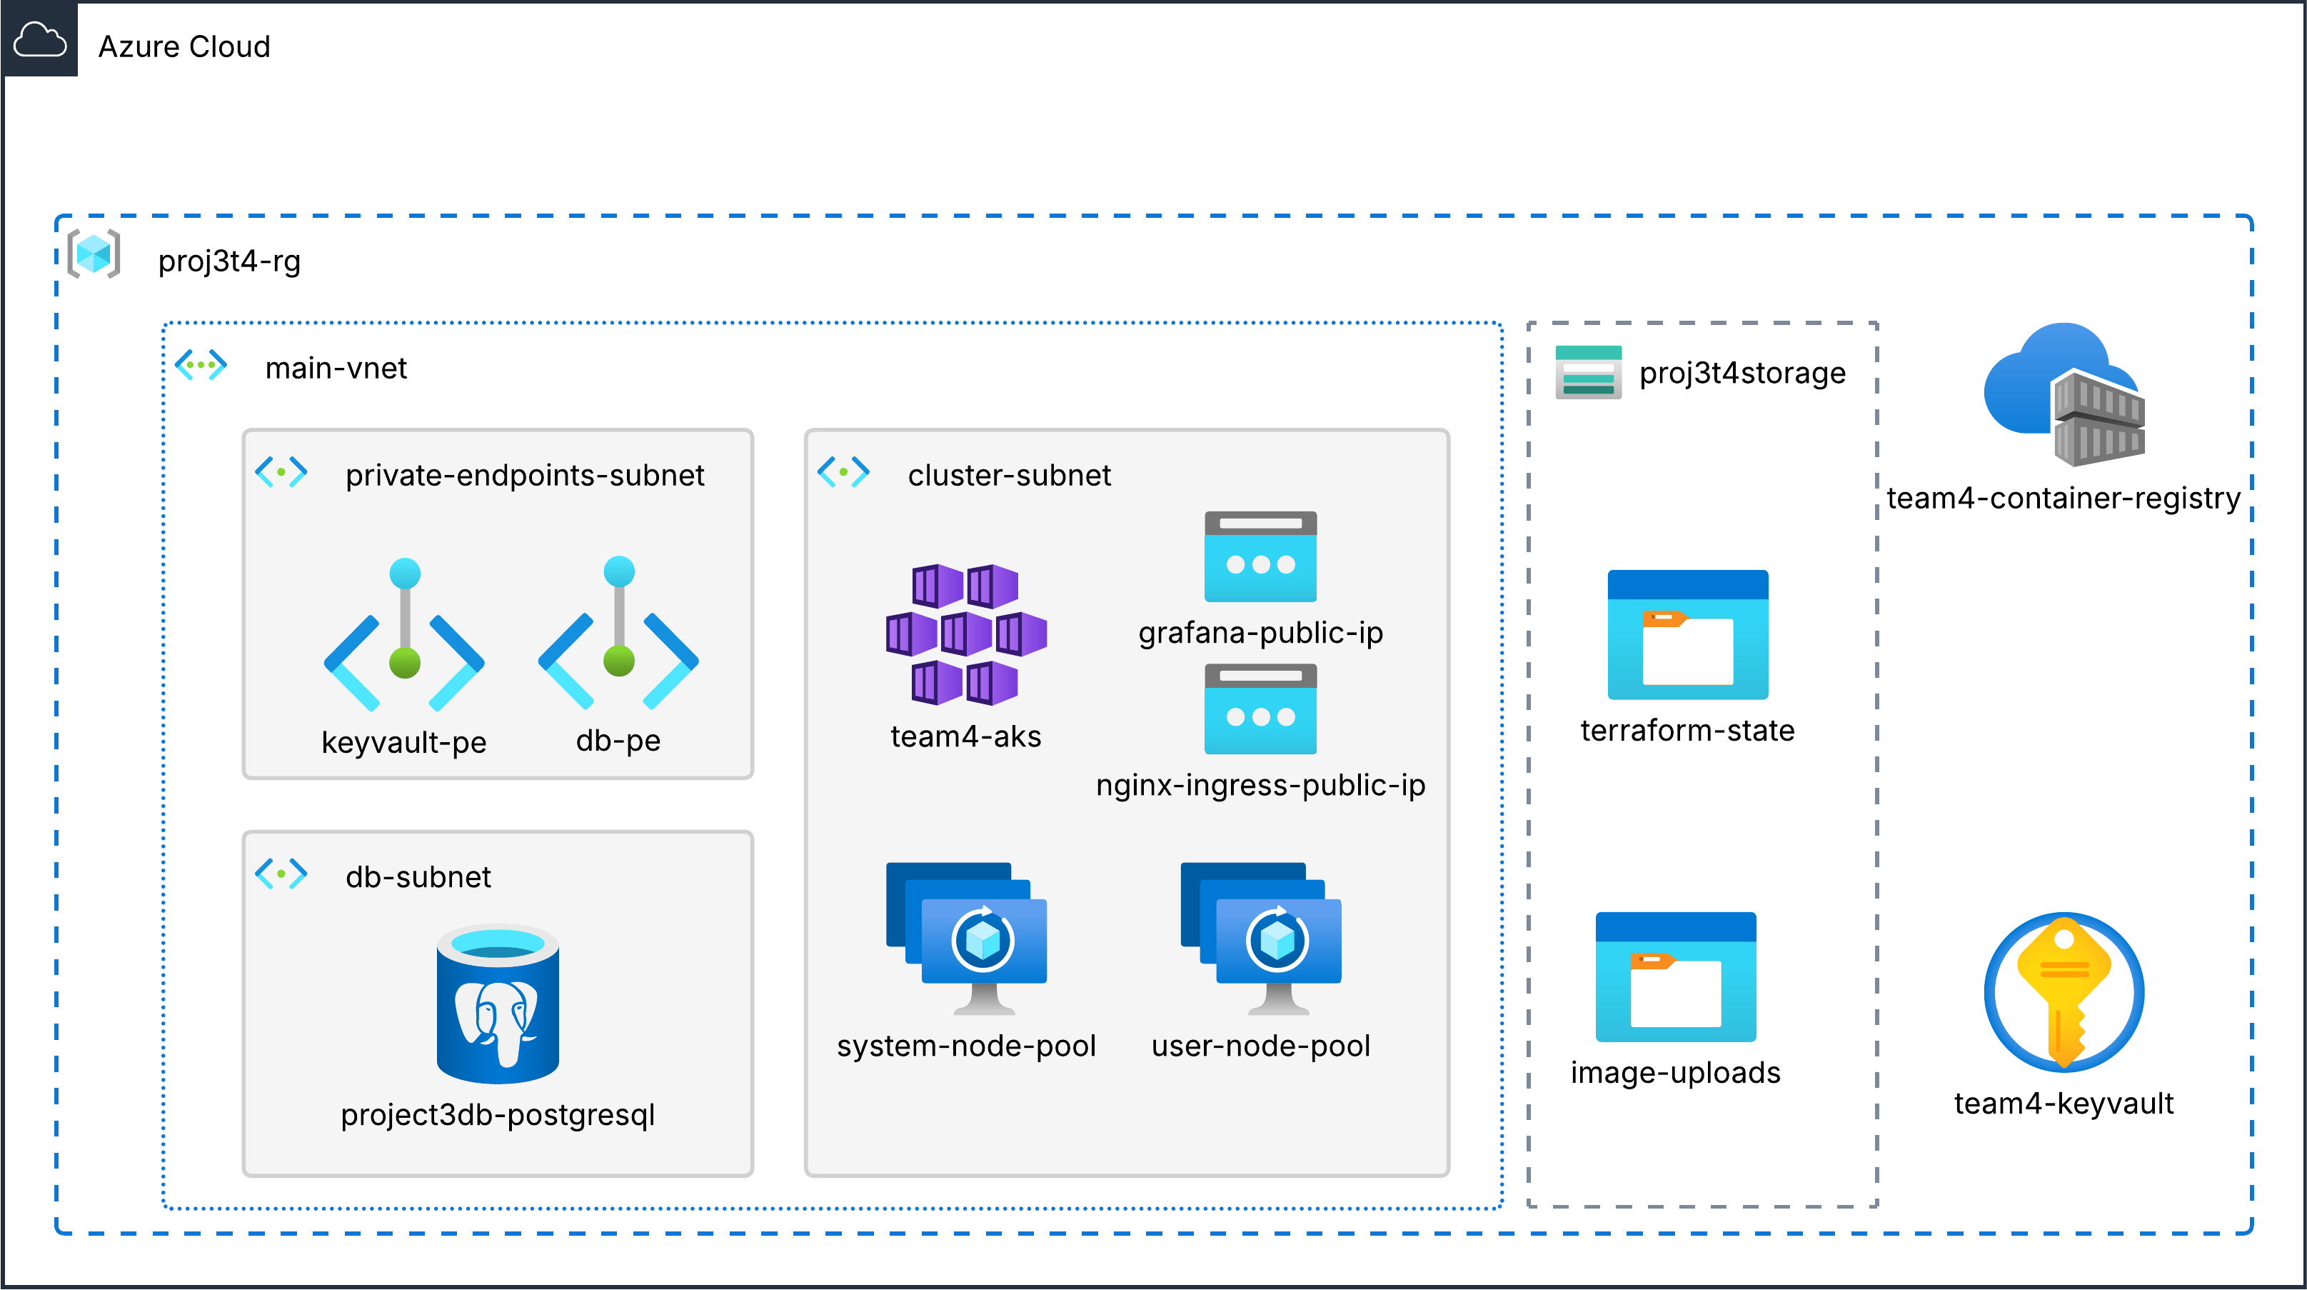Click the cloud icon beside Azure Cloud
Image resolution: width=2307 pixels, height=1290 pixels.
tap(39, 40)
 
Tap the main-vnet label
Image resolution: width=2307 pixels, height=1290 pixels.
tap(336, 368)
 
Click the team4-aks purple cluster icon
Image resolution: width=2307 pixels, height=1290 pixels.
tap(965, 634)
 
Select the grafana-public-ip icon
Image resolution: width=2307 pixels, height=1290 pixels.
tap(1260, 556)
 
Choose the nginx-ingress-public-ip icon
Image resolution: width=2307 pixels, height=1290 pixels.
tap(1260, 709)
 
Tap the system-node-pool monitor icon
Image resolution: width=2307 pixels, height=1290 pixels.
tap(967, 937)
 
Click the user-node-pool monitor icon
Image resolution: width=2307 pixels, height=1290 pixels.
tap(1261, 937)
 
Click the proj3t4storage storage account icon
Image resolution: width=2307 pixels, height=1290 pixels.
tap(1588, 371)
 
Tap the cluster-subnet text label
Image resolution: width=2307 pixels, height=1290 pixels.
tap(1010, 475)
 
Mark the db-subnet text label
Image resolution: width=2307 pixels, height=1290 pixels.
tap(418, 876)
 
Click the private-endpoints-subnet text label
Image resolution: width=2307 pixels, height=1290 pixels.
tap(525, 475)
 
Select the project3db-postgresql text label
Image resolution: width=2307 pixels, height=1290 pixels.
tap(498, 1114)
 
